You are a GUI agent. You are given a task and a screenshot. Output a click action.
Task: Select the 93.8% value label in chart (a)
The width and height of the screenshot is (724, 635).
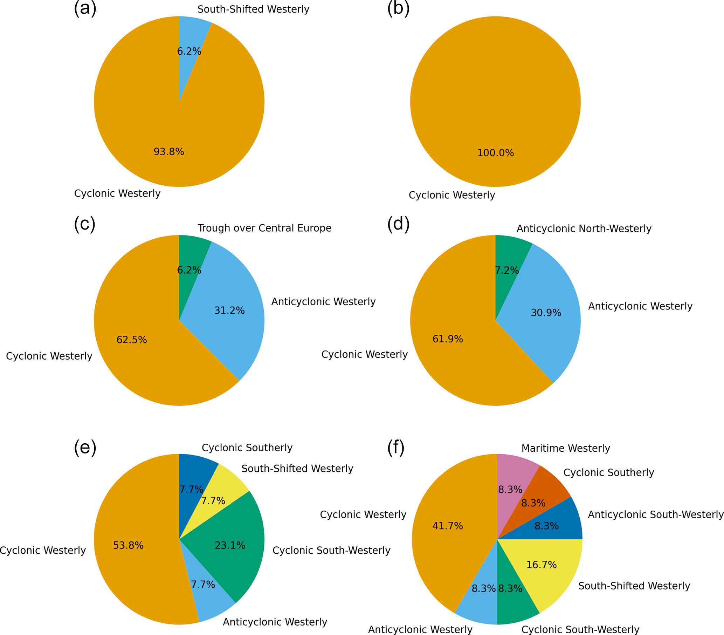(168, 152)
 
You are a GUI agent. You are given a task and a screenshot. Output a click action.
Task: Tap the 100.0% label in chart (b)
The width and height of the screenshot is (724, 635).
(495, 153)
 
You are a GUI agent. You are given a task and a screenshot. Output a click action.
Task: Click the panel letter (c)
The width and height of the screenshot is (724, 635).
(85, 224)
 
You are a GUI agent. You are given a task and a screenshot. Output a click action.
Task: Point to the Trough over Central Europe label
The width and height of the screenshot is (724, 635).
(264, 228)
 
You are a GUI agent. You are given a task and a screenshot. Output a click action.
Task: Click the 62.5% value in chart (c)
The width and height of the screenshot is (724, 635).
(131, 340)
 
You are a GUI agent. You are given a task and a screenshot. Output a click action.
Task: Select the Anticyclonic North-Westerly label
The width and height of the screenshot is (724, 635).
(584, 228)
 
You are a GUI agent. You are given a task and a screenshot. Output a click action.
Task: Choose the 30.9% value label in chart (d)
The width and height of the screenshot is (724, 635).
(545, 313)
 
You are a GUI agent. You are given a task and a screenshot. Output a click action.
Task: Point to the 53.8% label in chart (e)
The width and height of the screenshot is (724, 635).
(128, 545)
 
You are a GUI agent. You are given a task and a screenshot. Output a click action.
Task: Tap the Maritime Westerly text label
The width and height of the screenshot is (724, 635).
(565, 448)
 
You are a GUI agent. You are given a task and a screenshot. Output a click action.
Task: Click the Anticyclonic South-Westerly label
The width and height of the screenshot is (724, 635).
(655, 514)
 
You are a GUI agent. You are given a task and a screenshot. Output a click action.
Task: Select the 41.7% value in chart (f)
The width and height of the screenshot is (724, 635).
(447, 526)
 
